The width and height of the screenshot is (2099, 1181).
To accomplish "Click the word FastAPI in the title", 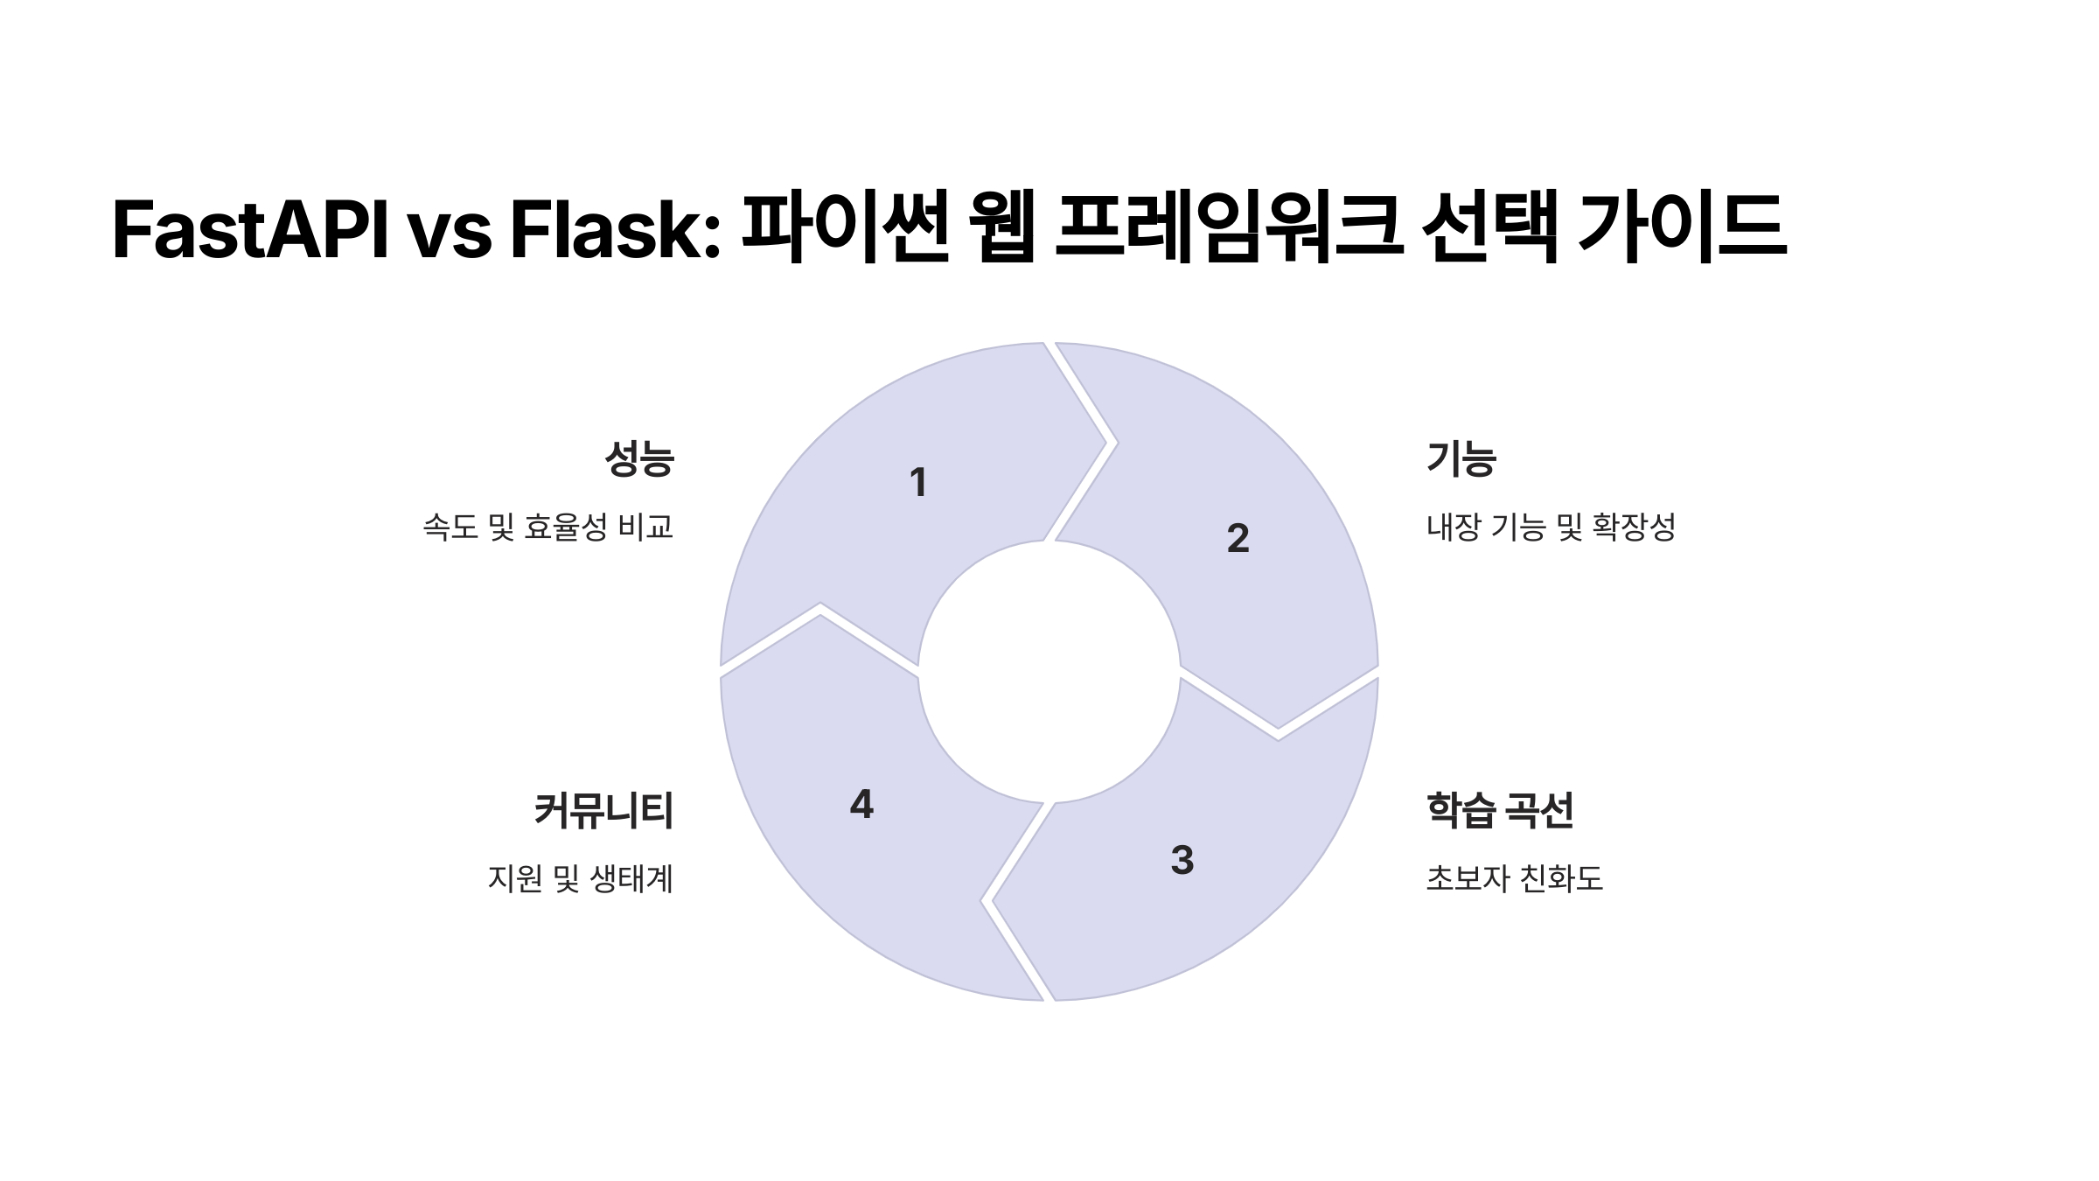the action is click(x=250, y=229).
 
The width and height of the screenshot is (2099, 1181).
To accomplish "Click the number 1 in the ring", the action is click(x=917, y=483).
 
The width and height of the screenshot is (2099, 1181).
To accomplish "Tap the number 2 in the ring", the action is click(x=1238, y=538).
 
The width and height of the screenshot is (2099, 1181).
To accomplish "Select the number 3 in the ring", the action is click(x=1182, y=860).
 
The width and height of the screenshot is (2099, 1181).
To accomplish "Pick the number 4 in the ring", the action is click(x=861, y=804).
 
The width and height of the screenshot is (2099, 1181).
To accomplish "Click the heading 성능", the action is click(x=639, y=458).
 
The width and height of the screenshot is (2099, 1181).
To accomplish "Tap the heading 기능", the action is click(x=1461, y=458).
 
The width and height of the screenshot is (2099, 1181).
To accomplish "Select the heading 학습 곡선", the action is click(x=1500, y=810).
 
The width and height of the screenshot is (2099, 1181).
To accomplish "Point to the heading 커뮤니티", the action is click(x=603, y=810).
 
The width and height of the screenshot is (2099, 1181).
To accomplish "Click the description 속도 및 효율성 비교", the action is click(x=548, y=527).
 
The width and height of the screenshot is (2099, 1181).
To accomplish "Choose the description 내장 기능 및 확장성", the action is click(x=1551, y=527).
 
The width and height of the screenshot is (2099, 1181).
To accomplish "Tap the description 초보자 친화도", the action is click(x=1515, y=878).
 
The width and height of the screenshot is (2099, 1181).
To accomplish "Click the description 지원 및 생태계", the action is click(x=581, y=878).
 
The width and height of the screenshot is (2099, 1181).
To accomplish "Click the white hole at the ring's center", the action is click(x=1049, y=672).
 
